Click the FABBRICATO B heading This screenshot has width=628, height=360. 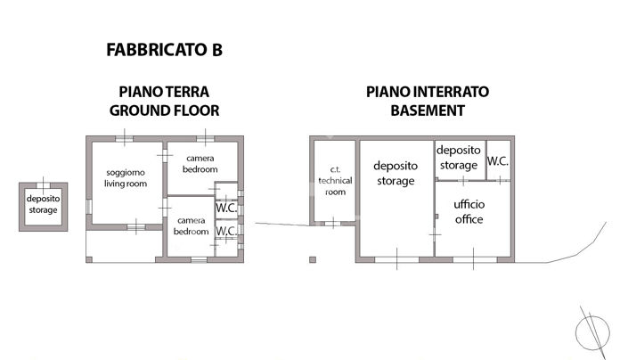click(x=164, y=50)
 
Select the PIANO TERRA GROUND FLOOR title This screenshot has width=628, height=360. click(x=164, y=101)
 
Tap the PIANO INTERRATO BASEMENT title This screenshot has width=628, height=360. click(x=428, y=101)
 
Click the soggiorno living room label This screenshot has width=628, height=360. click(x=126, y=178)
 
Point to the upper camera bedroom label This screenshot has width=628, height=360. click(x=200, y=163)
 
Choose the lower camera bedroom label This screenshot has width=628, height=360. click(x=192, y=225)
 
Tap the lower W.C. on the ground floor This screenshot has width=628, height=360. click(x=226, y=232)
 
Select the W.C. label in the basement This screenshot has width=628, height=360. click(x=498, y=163)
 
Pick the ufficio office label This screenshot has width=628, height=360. click(x=469, y=212)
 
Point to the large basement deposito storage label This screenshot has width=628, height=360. click(x=395, y=173)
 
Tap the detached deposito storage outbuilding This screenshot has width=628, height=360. click(x=42, y=205)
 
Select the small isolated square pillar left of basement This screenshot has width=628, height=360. click(x=312, y=260)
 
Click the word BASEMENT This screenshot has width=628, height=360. click(x=428, y=110)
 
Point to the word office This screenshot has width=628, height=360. click(x=469, y=219)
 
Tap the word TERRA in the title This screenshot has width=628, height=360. click(x=188, y=92)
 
